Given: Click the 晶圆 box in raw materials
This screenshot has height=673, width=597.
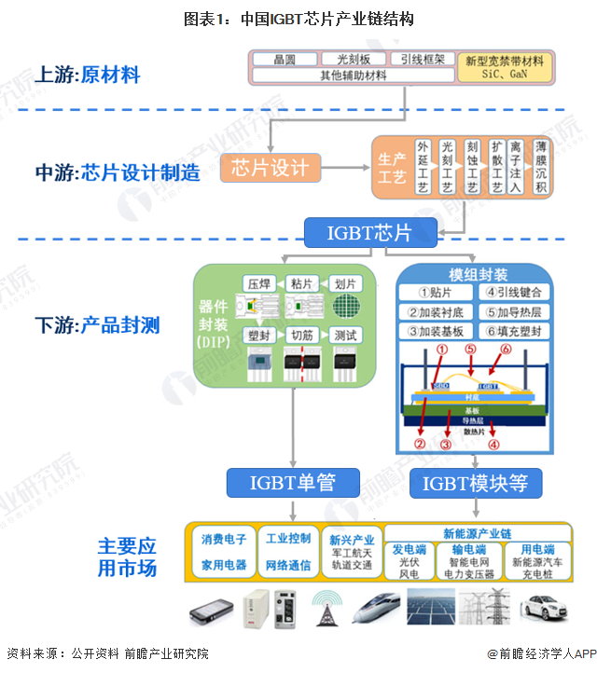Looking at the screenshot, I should (x=285, y=59).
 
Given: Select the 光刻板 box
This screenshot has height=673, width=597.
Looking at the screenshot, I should (x=353, y=59).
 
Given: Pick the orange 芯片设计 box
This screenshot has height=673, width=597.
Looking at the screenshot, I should (x=270, y=168).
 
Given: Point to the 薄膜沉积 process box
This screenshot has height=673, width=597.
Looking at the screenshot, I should (x=540, y=168).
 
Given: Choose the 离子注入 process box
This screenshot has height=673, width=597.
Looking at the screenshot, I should (x=516, y=168).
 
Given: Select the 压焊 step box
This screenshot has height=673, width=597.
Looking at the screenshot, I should (x=258, y=283).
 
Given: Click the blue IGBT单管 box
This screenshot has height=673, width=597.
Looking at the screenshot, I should (x=292, y=482).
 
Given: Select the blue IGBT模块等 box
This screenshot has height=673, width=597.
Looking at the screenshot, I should (x=475, y=483).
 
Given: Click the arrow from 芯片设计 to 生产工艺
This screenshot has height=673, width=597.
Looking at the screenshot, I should (x=346, y=168).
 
